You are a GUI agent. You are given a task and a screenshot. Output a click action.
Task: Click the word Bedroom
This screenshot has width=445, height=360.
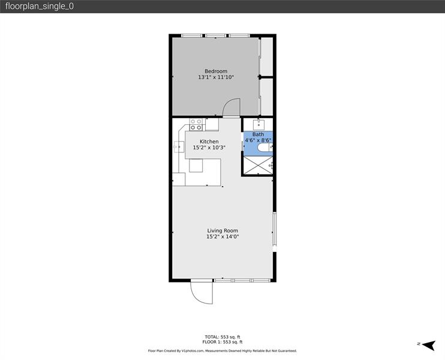(x=216, y=71)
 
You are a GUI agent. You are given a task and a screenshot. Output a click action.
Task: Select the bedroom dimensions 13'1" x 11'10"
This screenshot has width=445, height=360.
(x=216, y=77)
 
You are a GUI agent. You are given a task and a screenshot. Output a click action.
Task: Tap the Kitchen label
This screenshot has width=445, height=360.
(x=200, y=142)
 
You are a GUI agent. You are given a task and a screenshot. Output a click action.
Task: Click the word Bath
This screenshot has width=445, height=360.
(x=257, y=134)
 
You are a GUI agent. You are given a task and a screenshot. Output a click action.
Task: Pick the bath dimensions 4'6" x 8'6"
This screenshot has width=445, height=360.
(x=257, y=140)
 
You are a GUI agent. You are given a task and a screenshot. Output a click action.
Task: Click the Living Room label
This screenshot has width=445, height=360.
(x=222, y=230)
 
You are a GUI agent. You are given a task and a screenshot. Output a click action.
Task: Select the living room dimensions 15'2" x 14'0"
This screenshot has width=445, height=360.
(x=222, y=237)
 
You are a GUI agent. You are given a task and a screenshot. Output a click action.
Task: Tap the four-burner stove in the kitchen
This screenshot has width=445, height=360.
(x=196, y=125)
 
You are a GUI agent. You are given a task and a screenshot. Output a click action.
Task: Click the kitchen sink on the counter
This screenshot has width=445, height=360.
(x=179, y=146)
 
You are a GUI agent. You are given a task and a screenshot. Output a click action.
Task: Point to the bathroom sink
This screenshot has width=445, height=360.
(x=258, y=125)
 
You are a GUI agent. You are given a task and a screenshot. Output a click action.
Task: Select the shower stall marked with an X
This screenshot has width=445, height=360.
(x=257, y=165)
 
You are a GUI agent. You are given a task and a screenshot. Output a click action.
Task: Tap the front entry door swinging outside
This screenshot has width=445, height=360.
(x=202, y=292)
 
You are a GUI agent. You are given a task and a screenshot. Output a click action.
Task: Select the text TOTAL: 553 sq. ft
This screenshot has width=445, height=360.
(x=222, y=337)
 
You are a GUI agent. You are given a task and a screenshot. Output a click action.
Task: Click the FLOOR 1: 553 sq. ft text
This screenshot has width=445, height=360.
(x=222, y=342)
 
